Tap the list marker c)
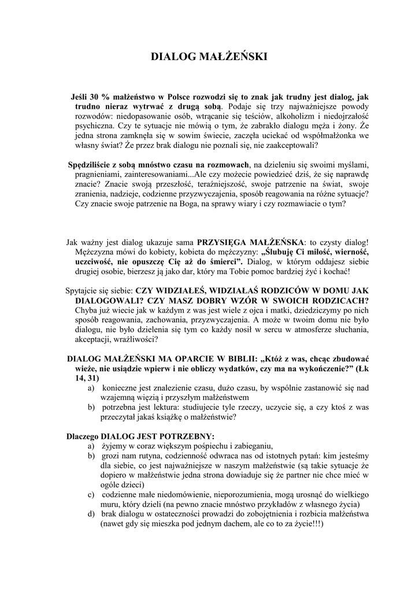91,494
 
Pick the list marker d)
91,514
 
